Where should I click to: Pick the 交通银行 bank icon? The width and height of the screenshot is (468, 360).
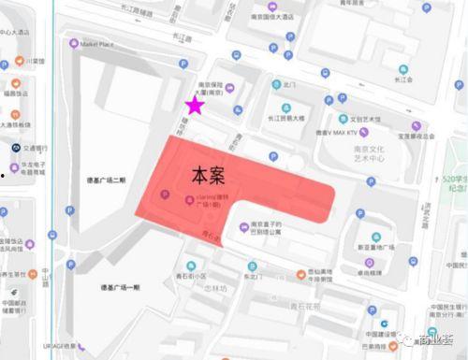[17, 147]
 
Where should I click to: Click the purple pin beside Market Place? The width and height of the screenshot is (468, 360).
[74, 43]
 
